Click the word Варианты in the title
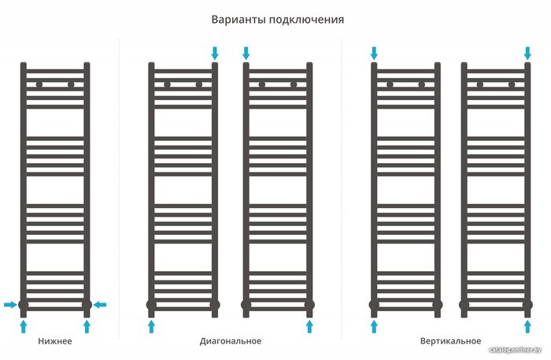click(x=239, y=20)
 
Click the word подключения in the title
click(x=307, y=20)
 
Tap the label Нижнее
click(x=55, y=341)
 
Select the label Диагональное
click(x=231, y=341)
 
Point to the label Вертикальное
click(x=450, y=341)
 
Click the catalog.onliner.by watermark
click(x=516, y=350)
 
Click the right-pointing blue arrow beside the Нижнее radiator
click(x=10, y=305)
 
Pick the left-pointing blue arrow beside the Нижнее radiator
click(x=100, y=305)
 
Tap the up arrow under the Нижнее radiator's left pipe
click(x=23, y=326)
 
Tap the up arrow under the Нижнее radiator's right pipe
click(x=87, y=326)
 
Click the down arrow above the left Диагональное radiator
click(x=215, y=54)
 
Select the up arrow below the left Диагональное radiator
click(x=151, y=326)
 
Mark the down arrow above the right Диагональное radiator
click(x=246, y=54)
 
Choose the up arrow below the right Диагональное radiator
click(x=309, y=326)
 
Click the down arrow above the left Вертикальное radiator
click(x=374, y=54)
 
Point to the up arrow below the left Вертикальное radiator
click(x=374, y=326)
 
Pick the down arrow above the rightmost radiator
click(x=527, y=54)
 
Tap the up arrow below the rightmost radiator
click(x=527, y=326)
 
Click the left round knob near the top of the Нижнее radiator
click(x=39, y=85)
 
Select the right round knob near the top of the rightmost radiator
click(x=512, y=85)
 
